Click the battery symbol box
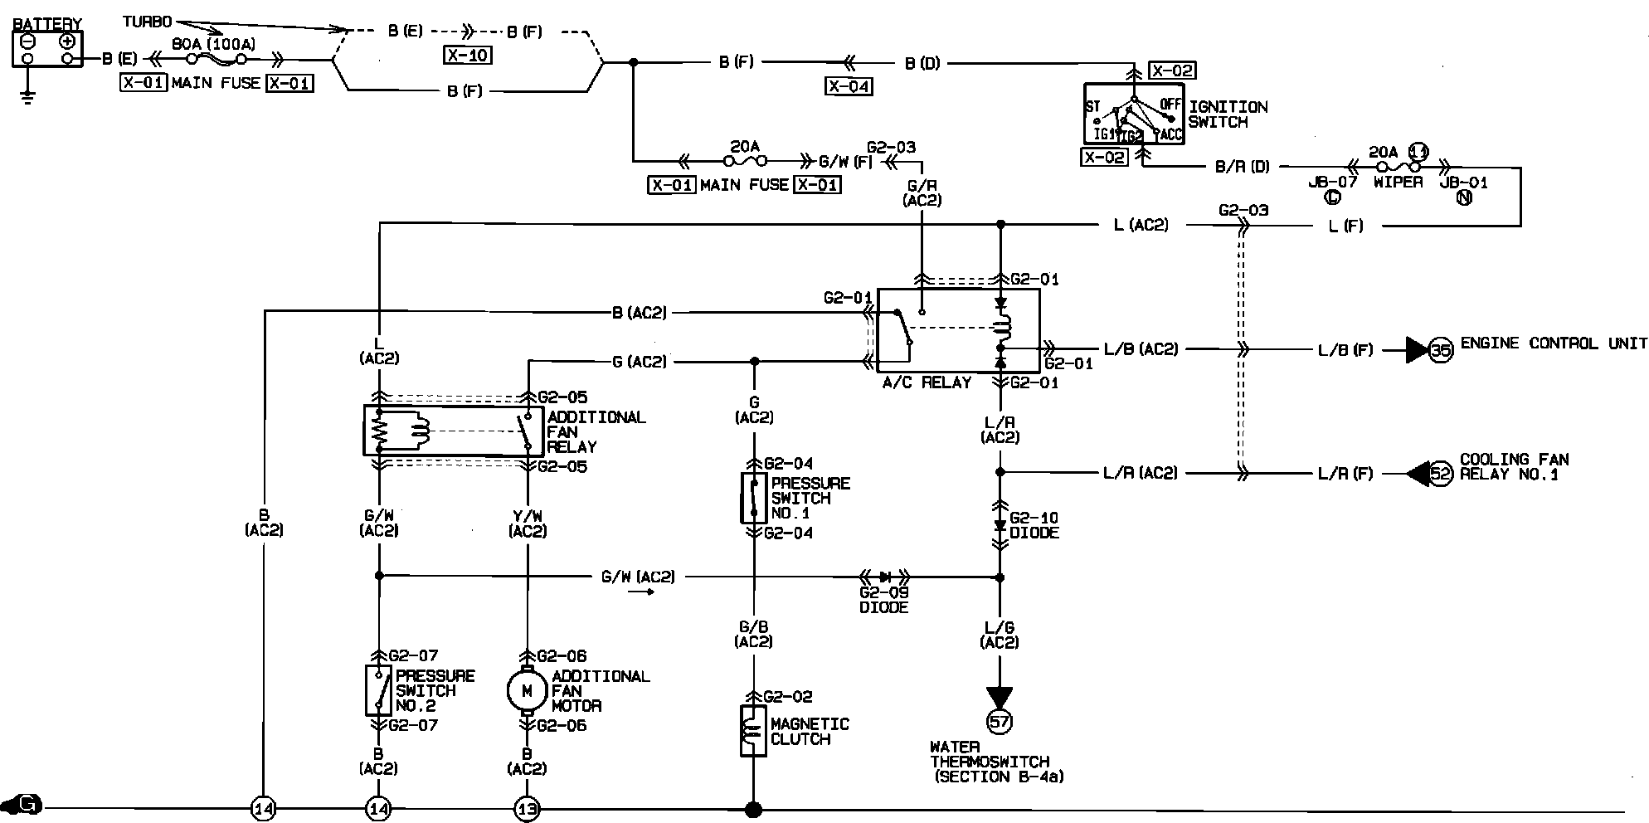tap(47, 49)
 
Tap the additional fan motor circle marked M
tap(527, 689)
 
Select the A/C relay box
tap(958, 330)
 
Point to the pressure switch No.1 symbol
tap(753, 498)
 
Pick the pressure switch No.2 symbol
tap(378, 690)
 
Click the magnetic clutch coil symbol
tap(753, 731)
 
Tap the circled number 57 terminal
tap(1000, 722)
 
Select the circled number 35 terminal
tap(1442, 350)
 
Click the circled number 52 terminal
tap(1442, 474)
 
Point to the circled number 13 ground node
tap(527, 809)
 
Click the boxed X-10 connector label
tap(468, 56)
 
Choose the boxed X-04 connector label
tap(849, 85)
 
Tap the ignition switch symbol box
tap(1134, 114)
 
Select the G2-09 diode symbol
tap(884, 577)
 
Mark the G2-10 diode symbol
tap(1000, 525)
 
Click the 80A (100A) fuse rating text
tap(213, 44)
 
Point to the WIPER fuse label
tap(1398, 182)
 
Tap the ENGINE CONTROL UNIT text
tap(1554, 343)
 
